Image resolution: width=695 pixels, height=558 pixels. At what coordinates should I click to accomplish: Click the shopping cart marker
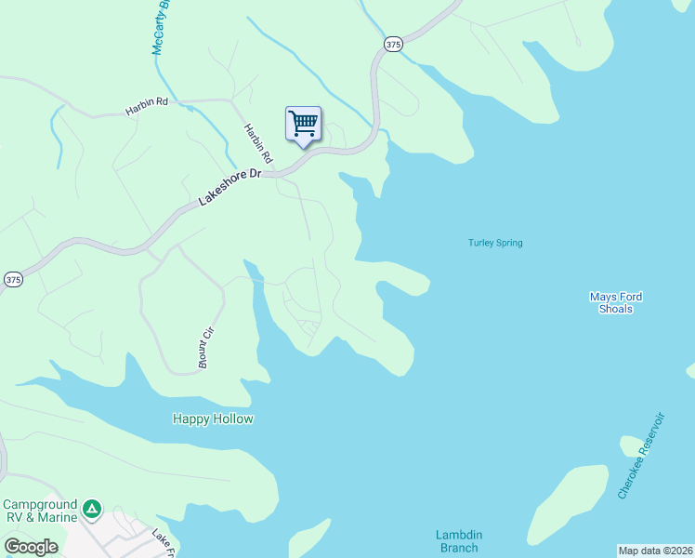click(303, 125)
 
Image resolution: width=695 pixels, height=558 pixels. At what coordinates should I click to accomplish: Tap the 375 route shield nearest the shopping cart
click(393, 45)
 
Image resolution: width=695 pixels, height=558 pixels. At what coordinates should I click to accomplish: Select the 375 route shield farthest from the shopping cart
click(12, 279)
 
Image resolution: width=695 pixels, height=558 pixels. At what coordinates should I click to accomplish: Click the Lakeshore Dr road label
click(232, 189)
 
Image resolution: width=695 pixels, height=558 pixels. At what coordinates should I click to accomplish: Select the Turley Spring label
click(494, 244)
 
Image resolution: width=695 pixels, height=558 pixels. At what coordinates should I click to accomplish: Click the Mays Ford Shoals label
click(616, 303)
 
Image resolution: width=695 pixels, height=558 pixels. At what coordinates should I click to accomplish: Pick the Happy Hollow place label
click(213, 419)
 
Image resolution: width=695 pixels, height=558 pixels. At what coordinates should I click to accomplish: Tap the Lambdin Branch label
click(459, 541)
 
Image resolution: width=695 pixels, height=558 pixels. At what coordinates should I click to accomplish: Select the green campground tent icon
click(91, 509)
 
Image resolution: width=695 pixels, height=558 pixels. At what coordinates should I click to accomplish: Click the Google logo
click(31, 547)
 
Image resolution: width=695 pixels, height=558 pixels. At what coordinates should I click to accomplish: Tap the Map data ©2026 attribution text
click(655, 551)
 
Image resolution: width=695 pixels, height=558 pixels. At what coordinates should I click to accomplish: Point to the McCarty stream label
click(162, 26)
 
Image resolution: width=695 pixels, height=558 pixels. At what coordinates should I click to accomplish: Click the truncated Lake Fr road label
click(164, 540)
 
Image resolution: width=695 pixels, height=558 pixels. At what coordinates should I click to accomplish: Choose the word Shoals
click(616, 309)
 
